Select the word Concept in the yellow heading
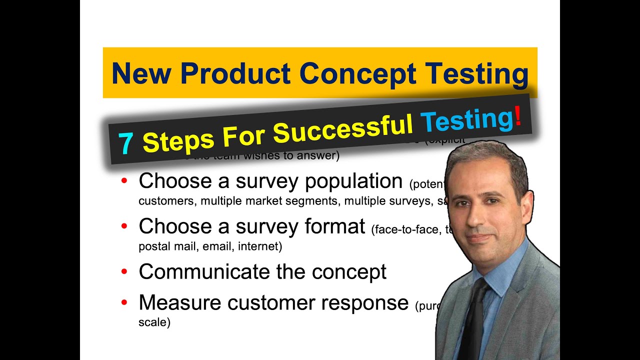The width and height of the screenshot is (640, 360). pos(357,74)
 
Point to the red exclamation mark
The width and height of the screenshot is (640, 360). pos(518,116)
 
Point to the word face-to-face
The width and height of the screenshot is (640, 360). pos(404,229)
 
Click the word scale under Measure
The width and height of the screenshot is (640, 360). pos(154,322)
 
